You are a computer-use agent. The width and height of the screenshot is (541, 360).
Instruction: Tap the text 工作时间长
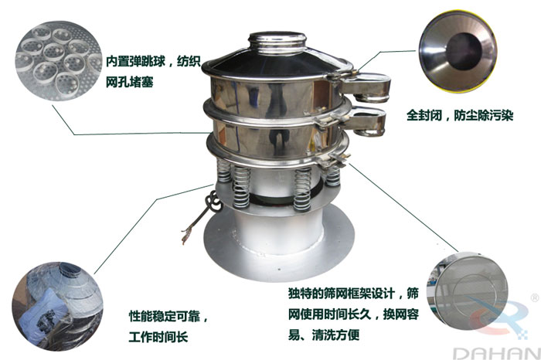[x=159, y=338]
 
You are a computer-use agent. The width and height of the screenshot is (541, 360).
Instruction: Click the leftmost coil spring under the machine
[x=223, y=178]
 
